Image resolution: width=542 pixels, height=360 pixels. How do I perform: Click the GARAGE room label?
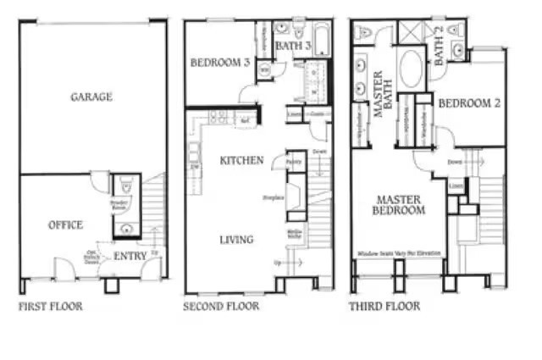click(91, 97)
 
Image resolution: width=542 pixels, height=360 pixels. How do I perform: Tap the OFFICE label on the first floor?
click(65, 224)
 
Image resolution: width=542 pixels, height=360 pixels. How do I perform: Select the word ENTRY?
click(130, 255)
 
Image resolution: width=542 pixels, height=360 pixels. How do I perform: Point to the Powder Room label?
click(119, 203)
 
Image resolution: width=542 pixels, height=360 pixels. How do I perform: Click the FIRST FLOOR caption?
click(51, 306)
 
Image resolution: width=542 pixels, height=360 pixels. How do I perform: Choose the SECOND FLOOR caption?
click(222, 306)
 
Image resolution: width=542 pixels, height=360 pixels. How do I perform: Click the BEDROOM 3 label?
click(219, 63)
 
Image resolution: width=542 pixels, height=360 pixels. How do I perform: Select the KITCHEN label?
click(241, 160)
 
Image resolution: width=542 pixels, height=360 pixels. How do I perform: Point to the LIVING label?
click(236, 240)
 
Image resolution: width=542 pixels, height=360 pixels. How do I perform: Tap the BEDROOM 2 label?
click(463, 103)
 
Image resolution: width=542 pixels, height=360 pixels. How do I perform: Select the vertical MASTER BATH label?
click(378, 94)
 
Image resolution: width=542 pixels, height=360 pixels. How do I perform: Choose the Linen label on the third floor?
click(456, 186)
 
